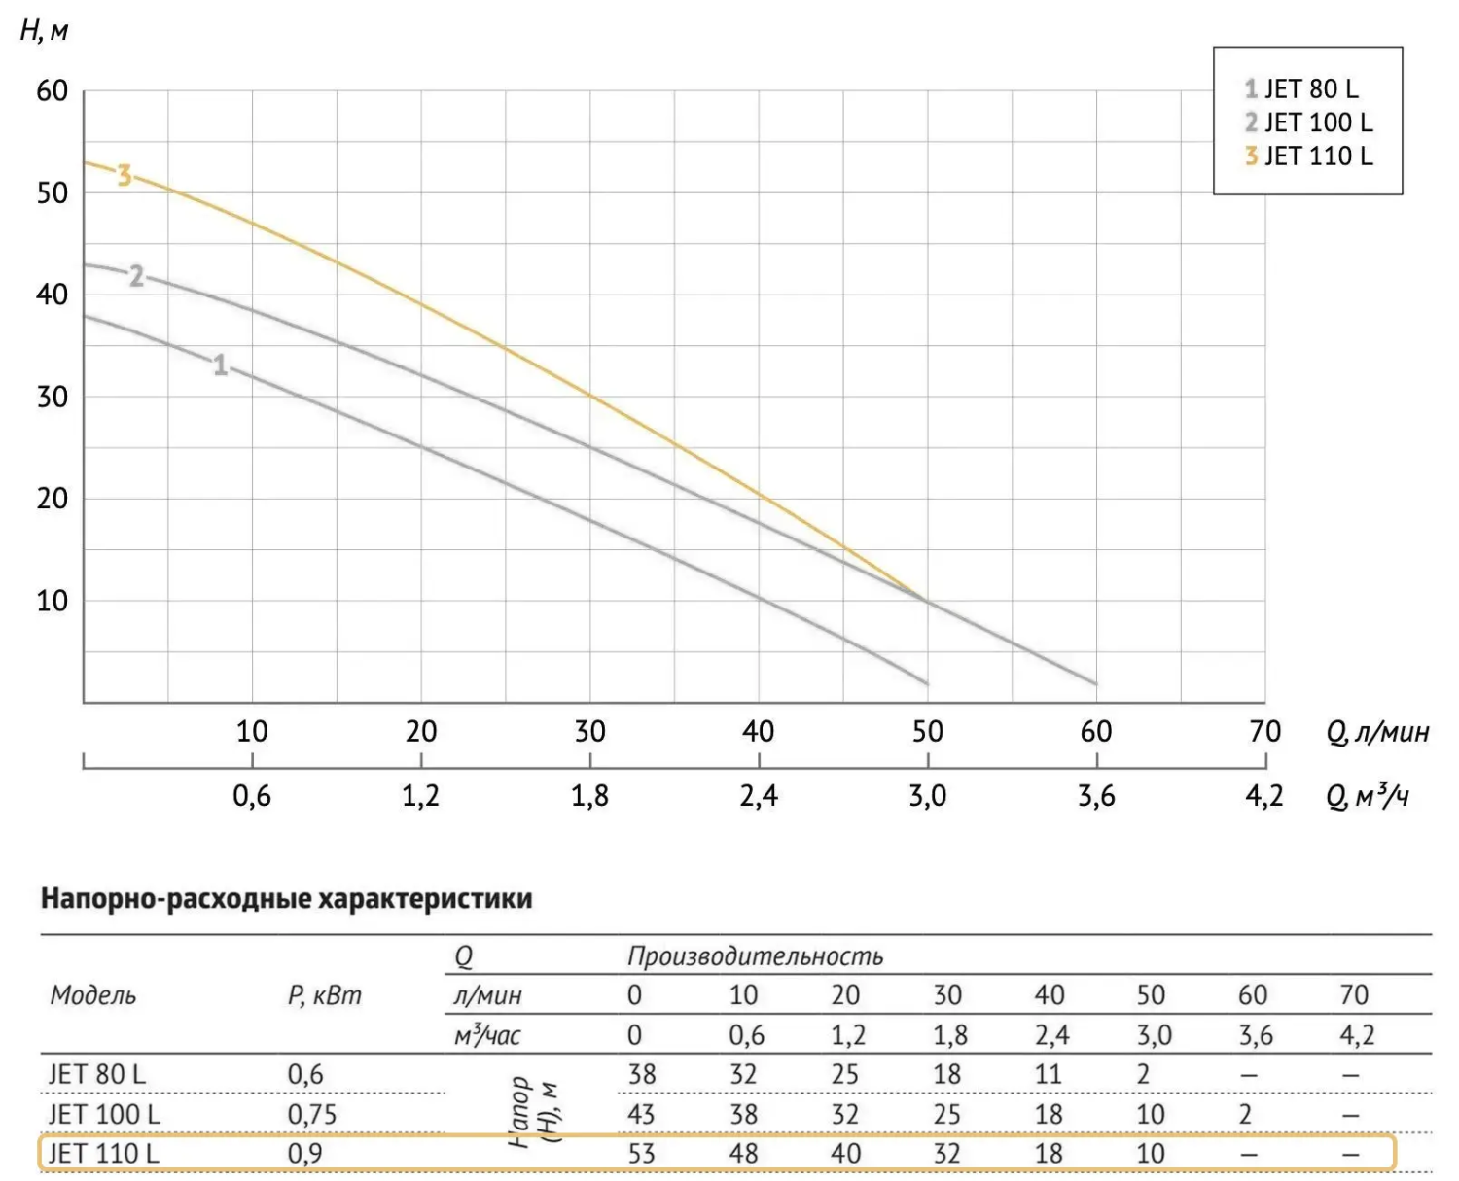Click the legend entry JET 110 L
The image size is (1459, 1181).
coord(1309,156)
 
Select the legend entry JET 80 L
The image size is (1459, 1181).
coord(1301,88)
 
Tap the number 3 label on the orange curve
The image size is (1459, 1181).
coord(124,176)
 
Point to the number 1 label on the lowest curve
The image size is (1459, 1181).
coord(221,365)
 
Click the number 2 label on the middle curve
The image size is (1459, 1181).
coord(136,277)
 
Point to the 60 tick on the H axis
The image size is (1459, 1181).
coord(53,91)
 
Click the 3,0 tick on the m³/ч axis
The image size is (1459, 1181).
coord(927,796)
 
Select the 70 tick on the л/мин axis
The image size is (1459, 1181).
coord(1264,731)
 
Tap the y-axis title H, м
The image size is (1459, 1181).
coord(44,31)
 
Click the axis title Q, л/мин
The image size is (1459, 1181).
coord(1377,732)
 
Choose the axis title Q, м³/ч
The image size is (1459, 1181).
coord(1368,797)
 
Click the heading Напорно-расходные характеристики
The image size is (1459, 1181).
coord(286,898)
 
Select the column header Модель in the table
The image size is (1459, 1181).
coord(93,995)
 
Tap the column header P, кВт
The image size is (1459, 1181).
coord(324,995)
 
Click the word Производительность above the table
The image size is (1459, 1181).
coord(755,956)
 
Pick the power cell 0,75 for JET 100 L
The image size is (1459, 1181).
coord(311,1114)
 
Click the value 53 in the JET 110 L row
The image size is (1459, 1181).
coord(642,1154)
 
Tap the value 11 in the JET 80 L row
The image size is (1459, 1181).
coord(1049,1074)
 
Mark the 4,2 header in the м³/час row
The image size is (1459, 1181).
coord(1357,1035)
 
